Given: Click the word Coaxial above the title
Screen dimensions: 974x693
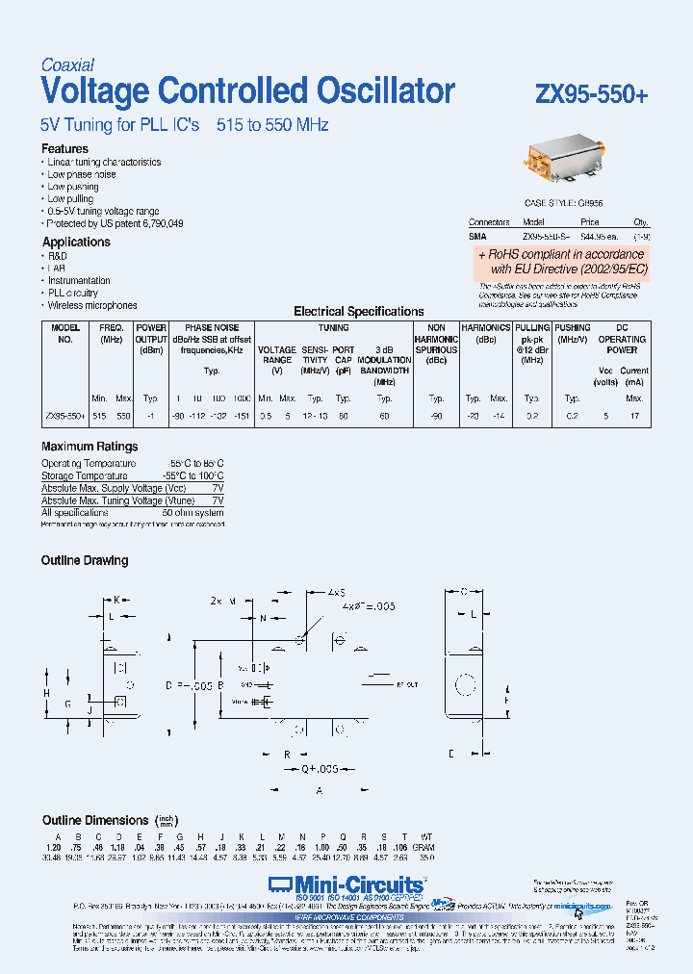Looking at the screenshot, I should coord(67,65).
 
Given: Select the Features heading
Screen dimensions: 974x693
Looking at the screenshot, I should coord(64,149).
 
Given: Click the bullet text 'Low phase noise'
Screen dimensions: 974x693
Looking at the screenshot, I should coord(82,175).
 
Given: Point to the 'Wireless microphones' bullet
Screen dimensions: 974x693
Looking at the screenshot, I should coord(92,305).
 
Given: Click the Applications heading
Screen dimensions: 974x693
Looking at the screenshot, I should coord(76,243).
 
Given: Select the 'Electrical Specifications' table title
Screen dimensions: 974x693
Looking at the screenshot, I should coord(358,312).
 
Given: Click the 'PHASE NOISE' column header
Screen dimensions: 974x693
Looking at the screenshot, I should coord(212,328).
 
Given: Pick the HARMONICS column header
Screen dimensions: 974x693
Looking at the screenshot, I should coord(485,328).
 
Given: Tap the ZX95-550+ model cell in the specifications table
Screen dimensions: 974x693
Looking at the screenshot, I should coord(64,416).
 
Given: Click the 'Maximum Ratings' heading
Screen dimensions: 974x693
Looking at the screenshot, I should coord(90,447).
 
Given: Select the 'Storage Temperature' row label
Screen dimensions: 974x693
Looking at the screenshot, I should coord(84,475).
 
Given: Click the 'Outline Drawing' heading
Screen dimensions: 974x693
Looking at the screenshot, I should coord(85,560).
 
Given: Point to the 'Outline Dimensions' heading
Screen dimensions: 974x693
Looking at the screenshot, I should coord(95,820).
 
